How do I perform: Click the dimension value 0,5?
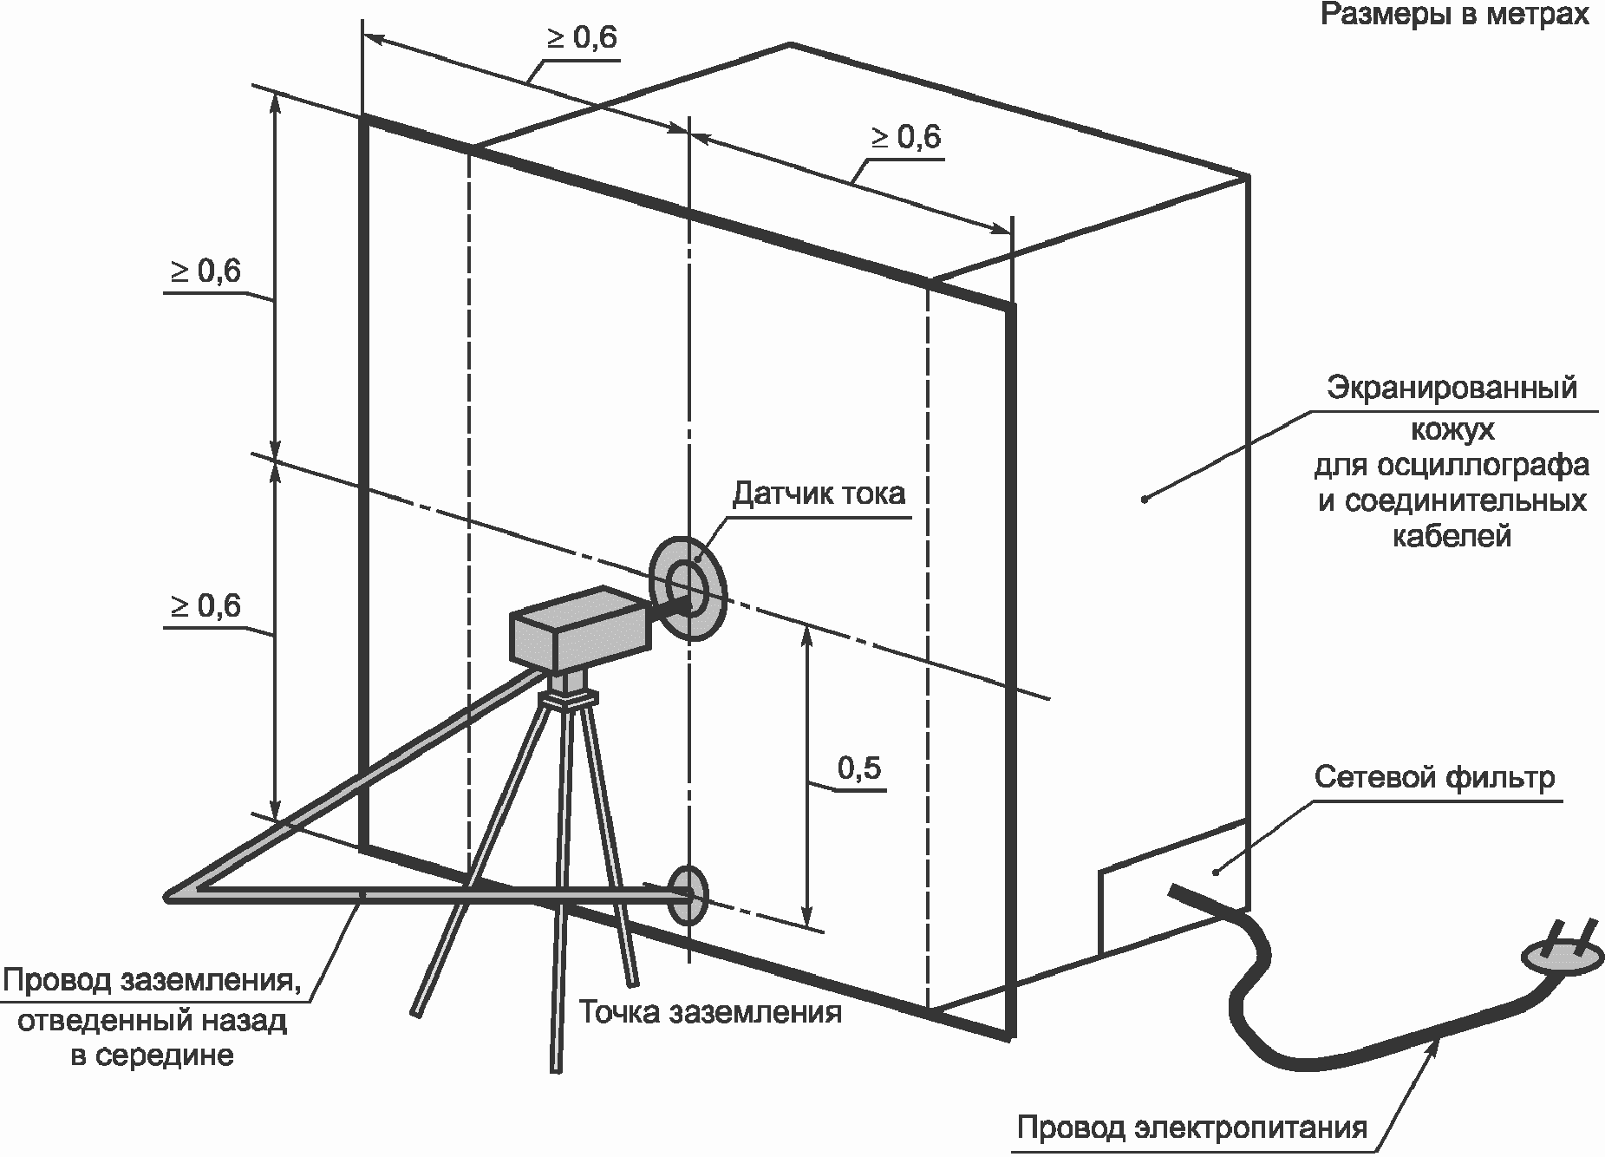pos(859,768)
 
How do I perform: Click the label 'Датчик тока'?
pos(819,494)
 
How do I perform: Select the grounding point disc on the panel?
pos(690,894)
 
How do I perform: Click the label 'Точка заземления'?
pos(710,1012)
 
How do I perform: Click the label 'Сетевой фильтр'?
pos(1434,777)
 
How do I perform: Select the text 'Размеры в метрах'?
pos(1454,15)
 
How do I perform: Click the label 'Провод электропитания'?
pos(1191,1128)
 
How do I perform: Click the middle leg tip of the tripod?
pos(554,1068)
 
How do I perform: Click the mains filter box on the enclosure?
pos(1171,893)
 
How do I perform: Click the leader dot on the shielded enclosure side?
pos(1144,499)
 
